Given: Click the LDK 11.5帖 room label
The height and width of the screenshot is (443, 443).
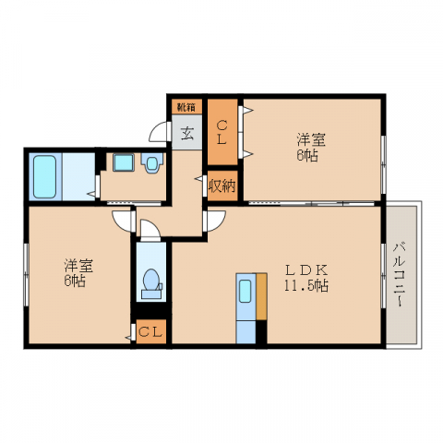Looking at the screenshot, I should point(305,277).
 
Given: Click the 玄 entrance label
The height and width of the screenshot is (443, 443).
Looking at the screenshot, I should point(186,133).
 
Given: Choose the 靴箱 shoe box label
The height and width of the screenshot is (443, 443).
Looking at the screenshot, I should point(186,106).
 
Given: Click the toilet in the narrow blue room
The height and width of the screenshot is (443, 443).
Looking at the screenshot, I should point(151,282).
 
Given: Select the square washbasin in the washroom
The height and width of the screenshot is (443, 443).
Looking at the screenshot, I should point(123,163).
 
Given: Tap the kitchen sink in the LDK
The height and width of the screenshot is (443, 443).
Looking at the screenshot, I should point(246,294).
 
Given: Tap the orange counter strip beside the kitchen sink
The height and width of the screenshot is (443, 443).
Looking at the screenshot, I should point(261,309).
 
